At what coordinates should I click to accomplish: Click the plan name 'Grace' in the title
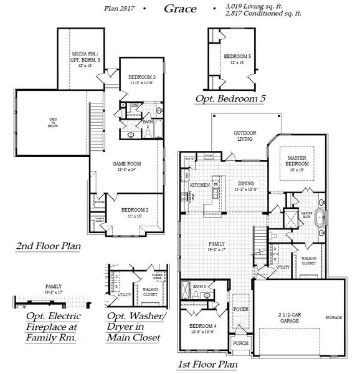click(x=180, y=9)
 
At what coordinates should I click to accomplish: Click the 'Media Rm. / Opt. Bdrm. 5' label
click(x=82, y=60)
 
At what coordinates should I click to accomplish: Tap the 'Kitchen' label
click(x=199, y=185)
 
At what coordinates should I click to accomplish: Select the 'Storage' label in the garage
click(x=333, y=318)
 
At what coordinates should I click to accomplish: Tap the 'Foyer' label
click(x=240, y=309)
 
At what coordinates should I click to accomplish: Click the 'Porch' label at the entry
click(x=240, y=343)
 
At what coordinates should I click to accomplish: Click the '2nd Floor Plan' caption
click(x=48, y=246)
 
